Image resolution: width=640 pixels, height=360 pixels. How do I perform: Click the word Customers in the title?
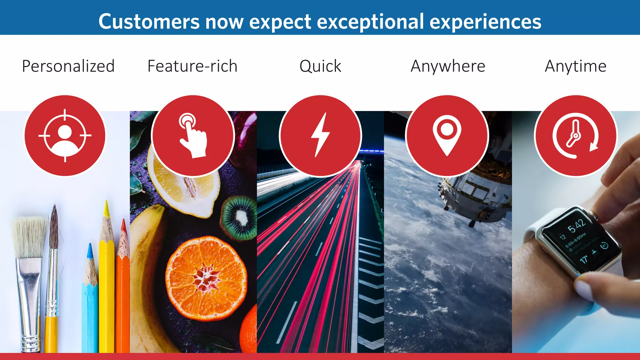coord(149,22)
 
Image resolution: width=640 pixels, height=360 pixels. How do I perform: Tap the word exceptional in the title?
coord(370,22)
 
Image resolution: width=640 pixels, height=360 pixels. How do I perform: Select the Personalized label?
coord(68,66)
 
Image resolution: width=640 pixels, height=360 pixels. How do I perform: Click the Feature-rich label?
coord(192,66)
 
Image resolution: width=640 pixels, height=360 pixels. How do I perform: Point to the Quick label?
coord(320,66)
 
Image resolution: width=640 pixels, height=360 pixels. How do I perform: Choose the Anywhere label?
coord(448,66)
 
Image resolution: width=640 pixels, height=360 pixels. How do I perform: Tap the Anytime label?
coord(576,66)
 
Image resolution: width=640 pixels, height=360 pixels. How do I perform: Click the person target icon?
coord(65,136)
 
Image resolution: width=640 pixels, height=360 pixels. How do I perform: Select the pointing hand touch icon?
coord(193,136)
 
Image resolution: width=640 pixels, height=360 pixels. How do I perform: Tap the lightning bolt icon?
coord(320,136)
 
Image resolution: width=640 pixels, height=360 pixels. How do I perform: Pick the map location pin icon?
coord(447,136)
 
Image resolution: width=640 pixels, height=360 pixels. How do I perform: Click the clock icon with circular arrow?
coord(576,136)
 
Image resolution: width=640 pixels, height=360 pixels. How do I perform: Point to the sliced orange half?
coord(206,278)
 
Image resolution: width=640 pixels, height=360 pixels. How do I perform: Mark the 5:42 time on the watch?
coord(576,226)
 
